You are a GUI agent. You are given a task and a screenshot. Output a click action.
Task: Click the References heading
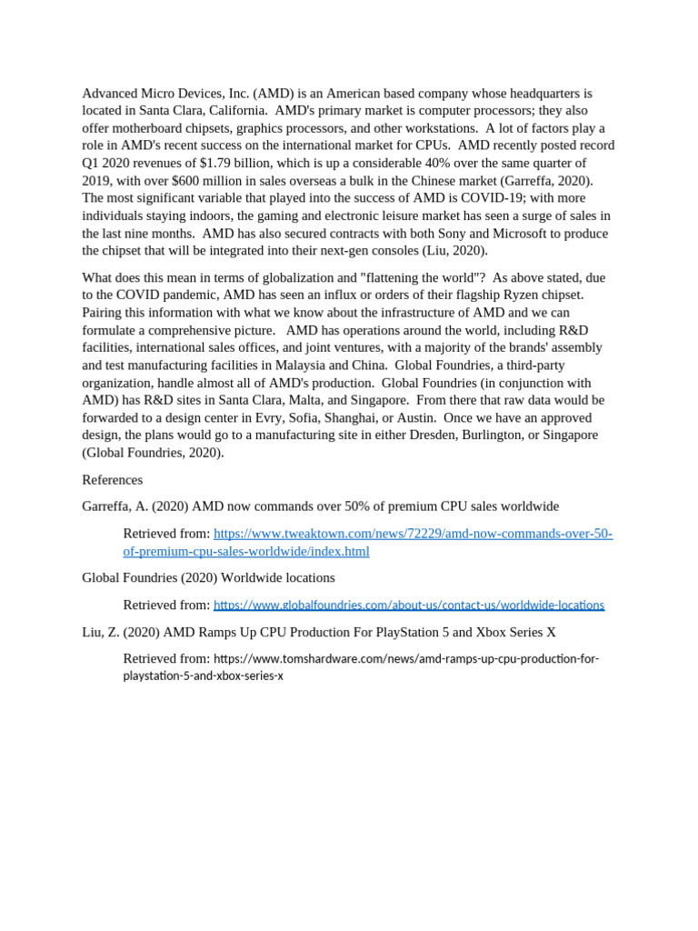[x=112, y=479]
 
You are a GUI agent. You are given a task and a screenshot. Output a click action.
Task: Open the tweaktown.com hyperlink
[x=413, y=534]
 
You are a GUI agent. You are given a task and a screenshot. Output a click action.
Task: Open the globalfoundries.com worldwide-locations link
[x=408, y=605]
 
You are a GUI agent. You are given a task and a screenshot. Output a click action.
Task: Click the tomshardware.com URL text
[x=406, y=658]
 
